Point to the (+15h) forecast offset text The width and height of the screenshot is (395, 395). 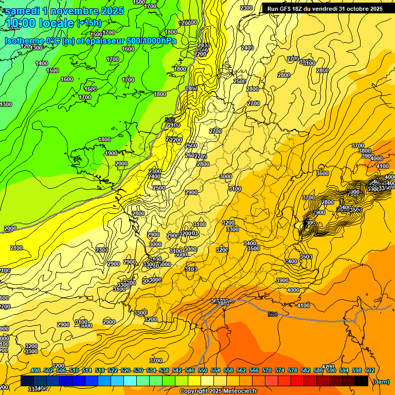pyautogui.click(x=88, y=23)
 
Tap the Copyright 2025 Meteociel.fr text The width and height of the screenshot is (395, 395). pyautogui.click(x=218, y=391)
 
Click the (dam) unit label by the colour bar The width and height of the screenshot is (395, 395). pyautogui.click(x=381, y=382)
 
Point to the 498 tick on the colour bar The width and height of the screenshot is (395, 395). pyautogui.click(x=35, y=371)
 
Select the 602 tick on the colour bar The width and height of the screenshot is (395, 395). pyautogui.click(x=369, y=371)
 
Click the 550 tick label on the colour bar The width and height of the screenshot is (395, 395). pyautogui.click(x=203, y=371)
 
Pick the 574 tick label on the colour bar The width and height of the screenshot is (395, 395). pyautogui.click(x=280, y=371)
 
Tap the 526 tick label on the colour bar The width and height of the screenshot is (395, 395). pyautogui.click(x=125, y=371)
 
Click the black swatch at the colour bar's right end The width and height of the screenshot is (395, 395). pyautogui.click(x=362, y=381)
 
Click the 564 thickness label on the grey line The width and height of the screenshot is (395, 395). pyautogui.click(x=273, y=314)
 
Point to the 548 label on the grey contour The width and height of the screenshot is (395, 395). pyautogui.click(x=170, y=120)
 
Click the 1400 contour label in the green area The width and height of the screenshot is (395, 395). pyautogui.click(x=42, y=63)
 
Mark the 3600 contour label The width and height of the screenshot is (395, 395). pyautogui.click(x=322, y=173)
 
